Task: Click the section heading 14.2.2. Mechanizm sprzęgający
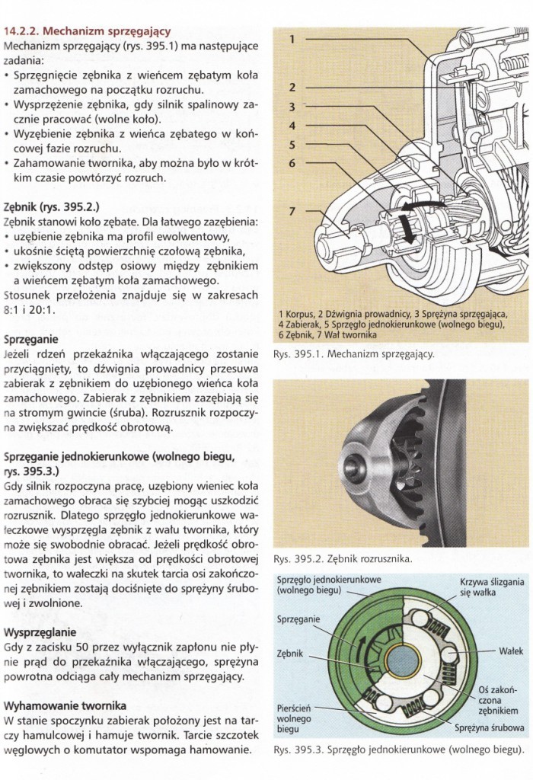87,32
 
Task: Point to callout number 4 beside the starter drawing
291,124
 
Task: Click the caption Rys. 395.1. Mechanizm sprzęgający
358,353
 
